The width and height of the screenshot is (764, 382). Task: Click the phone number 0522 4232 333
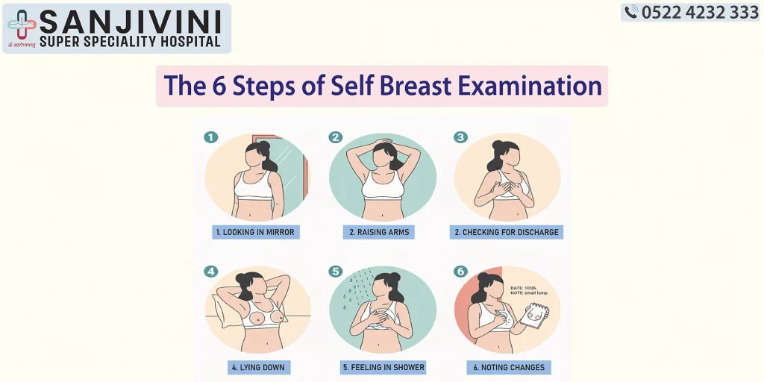click(700, 12)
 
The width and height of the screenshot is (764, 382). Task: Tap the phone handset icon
click(631, 12)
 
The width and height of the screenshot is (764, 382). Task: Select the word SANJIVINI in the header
click(130, 19)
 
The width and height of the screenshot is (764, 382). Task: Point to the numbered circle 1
click(211, 137)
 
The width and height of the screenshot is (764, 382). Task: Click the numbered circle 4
click(211, 272)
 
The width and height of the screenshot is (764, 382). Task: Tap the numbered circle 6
click(460, 272)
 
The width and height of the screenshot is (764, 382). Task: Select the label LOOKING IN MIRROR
click(255, 232)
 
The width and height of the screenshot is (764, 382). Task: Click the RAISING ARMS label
click(380, 232)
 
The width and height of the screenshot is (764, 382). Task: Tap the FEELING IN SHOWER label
click(383, 367)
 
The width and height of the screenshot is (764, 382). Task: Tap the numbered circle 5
click(336, 272)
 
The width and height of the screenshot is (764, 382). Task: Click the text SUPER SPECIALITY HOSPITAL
click(130, 42)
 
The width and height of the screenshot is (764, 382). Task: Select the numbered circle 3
click(460, 137)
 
